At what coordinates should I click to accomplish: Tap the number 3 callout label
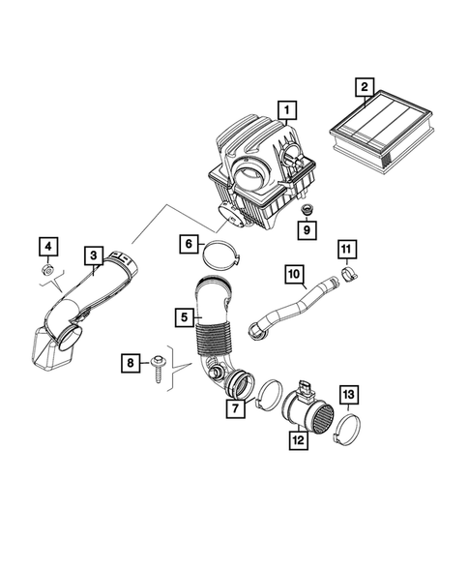click(93, 255)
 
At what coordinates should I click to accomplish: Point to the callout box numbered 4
click(48, 244)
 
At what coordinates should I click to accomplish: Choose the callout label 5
click(182, 315)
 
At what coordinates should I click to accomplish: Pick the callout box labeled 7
click(233, 409)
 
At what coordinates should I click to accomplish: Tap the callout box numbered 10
click(294, 274)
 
